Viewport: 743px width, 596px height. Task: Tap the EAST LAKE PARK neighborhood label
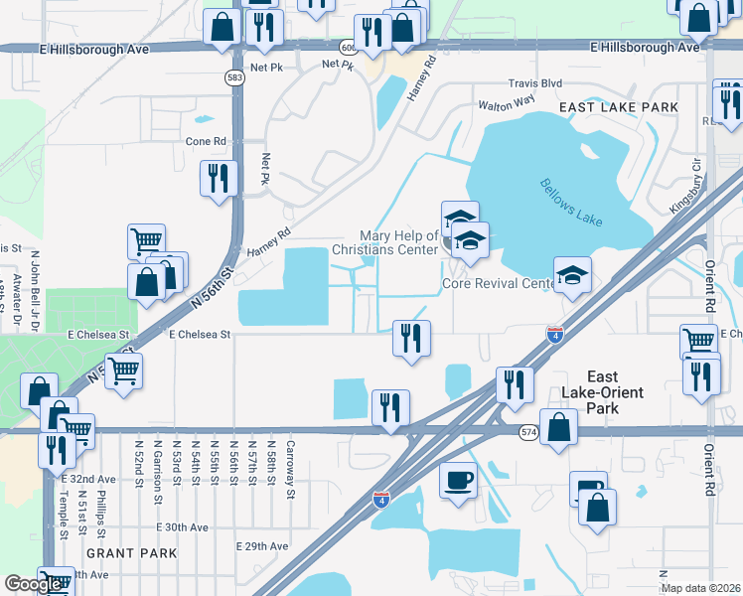[618, 107]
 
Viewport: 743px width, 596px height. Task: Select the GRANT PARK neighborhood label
[131, 553]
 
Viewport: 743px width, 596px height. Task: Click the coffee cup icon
[458, 481]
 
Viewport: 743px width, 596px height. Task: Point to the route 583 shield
[234, 78]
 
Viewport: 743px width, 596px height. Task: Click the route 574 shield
[528, 430]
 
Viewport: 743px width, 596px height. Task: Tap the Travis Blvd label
[534, 84]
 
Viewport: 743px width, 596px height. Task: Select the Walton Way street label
[507, 102]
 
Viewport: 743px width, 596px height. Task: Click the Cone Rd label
[207, 141]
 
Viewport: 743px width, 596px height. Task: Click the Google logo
[33, 583]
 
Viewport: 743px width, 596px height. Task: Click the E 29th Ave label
[262, 546]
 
